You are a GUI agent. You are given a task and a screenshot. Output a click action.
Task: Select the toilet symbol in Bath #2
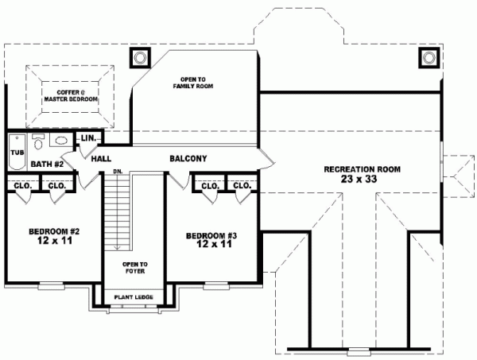pyautogui.click(x=39, y=142)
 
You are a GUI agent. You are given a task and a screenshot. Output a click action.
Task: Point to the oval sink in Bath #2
pyautogui.click(x=59, y=141)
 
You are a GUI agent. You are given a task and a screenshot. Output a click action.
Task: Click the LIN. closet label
pyautogui.click(x=88, y=139)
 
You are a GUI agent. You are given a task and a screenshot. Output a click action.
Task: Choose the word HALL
pyautogui.click(x=101, y=159)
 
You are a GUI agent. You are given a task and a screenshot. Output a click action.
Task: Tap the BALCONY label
pyautogui.click(x=188, y=159)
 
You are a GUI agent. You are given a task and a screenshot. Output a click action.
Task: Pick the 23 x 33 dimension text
pyautogui.click(x=362, y=180)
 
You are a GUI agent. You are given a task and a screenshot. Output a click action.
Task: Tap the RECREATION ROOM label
pyautogui.click(x=362, y=169)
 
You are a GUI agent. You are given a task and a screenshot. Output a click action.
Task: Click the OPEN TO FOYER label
pyautogui.click(x=134, y=267)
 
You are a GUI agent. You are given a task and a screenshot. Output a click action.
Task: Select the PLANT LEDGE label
pyautogui.click(x=134, y=298)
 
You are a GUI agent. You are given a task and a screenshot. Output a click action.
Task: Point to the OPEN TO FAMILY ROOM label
pyautogui.click(x=194, y=82)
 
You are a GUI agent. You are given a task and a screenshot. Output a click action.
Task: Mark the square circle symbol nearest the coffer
pyautogui.click(x=140, y=58)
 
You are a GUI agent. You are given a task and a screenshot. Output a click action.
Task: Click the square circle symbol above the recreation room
pyautogui.click(x=428, y=58)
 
